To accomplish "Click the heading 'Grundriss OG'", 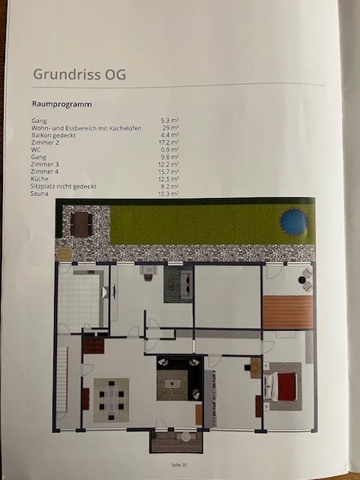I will coord(79,74).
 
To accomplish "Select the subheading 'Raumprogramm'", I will coord(61,104).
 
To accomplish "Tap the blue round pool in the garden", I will coord(293,221).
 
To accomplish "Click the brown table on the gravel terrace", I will coord(80,223).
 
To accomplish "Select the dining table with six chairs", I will coord(111,399).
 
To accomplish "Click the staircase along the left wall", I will coord(62,382).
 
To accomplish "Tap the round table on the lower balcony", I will coord(184,436).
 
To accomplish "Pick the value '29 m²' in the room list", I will coord(169,128).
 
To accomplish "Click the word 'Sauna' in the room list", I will coord(38,193).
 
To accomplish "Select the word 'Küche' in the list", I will coord(40,178).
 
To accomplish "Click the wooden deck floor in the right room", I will coord(288,312).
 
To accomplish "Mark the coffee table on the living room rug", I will coord(175,382).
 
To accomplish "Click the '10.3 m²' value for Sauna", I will coord(169,193).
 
